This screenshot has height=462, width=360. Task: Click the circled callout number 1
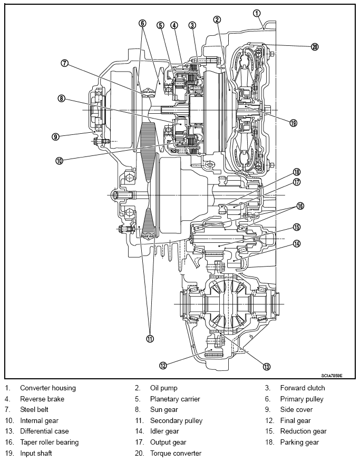(257, 13)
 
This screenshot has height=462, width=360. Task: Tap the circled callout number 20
(315, 46)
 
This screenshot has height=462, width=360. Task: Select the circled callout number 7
(65, 63)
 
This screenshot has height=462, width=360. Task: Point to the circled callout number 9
(55, 137)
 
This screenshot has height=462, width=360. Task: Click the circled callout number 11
(150, 339)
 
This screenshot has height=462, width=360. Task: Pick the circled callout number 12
(163, 366)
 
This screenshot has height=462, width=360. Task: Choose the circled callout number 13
(267, 367)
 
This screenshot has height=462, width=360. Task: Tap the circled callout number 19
(294, 123)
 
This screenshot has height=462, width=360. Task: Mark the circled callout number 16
(300, 205)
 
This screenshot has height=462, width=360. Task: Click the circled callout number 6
(142, 23)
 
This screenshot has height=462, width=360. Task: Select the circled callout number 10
(59, 161)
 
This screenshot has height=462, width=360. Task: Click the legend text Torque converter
(176, 453)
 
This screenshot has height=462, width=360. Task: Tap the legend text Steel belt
(34, 409)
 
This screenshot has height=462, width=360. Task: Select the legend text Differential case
(44, 431)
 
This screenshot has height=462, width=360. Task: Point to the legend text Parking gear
(299, 443)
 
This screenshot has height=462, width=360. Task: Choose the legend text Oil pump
(163, 388)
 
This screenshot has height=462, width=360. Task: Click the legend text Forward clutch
(303, 388)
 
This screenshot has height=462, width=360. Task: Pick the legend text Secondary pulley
(177, 421)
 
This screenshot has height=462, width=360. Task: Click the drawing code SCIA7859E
(332, 376)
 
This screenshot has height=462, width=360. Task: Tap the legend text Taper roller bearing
(49, 443)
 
